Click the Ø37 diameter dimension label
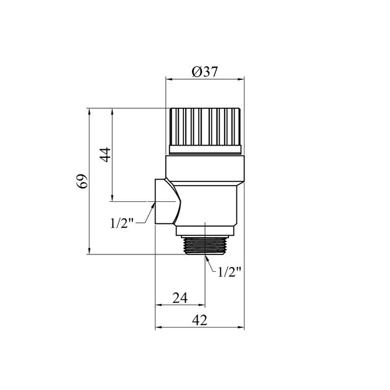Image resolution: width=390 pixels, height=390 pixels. [205, 72]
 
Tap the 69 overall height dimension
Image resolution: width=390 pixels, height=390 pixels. [82, 181]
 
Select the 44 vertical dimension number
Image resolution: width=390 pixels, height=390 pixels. [105, 155]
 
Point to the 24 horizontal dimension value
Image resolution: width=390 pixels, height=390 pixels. [180, 298]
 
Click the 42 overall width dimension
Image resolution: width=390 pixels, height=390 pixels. [199, 321]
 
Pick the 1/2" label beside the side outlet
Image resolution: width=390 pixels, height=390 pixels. [122, 223]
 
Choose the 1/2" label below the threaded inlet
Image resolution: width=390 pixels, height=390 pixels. [230, 272]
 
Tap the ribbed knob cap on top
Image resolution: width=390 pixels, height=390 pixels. [205, 127]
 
